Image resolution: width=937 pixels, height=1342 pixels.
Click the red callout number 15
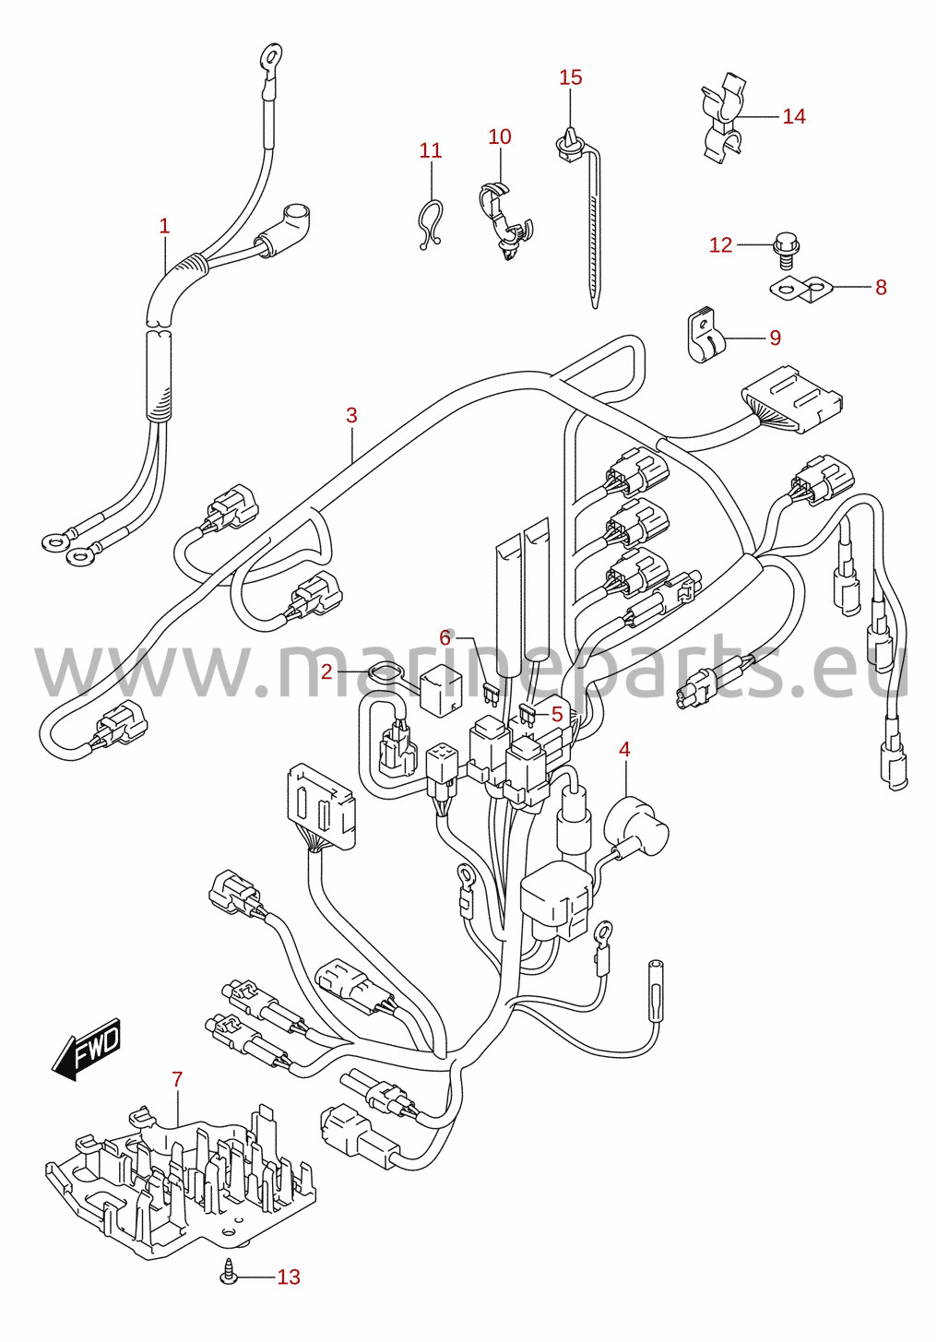[570, 77]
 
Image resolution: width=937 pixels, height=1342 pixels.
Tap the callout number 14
[794, 116]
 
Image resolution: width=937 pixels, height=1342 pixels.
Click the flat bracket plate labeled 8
[801, 290]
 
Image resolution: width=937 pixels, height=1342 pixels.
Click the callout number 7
[176, 1079]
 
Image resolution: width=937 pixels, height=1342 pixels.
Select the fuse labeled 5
[528, 717]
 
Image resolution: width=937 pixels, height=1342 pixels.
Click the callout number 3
[351, 415]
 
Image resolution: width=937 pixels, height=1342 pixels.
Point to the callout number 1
[164, 227]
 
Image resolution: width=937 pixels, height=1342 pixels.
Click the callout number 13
[288, 1277]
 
